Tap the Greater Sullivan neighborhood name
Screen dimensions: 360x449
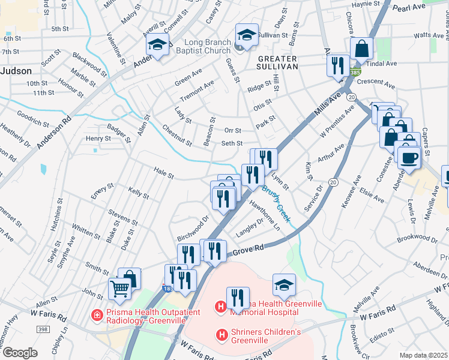point(277,62)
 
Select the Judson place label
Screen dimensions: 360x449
point(16,70)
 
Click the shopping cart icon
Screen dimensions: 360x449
point(120,289)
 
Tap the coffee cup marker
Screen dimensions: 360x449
point(409,157)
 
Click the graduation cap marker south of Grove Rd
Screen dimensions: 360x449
point(284,284)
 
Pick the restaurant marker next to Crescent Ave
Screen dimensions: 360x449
point(338,65)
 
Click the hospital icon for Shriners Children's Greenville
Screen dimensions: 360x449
point(221,334)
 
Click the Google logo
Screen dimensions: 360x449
point(20,352)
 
